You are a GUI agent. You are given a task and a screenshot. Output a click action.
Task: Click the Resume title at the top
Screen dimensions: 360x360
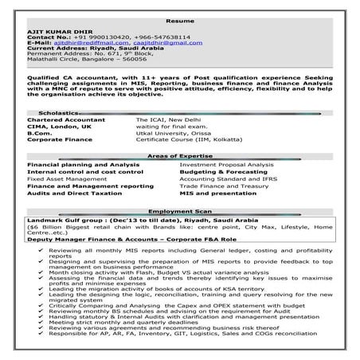pos(180,18)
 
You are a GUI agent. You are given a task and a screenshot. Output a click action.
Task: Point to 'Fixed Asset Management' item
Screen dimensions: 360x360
pos(62,178)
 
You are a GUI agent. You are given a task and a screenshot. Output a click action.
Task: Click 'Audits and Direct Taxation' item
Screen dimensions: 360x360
pos(68,193)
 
